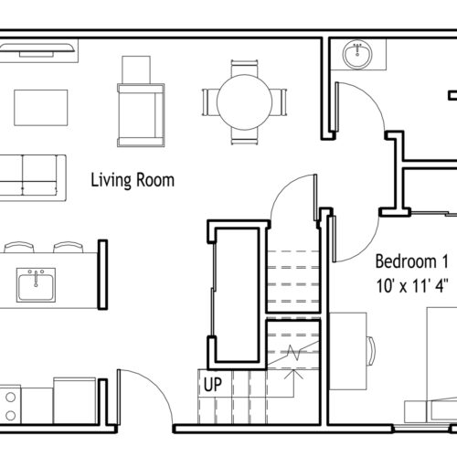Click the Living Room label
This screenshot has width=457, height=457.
(x=133, y=180)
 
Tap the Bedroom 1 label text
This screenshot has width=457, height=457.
(x=412, y=261)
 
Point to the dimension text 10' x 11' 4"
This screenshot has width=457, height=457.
(x=412, y=286)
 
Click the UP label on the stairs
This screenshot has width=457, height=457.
(x=213, y=384)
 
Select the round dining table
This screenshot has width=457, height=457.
(x=244, y=102)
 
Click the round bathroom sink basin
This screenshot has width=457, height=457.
(x=357, y=54)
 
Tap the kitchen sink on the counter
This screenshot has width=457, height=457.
(x=36, y=285)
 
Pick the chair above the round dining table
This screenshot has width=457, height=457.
(x=244, y=68)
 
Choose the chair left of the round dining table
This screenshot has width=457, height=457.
(x=210, y=102)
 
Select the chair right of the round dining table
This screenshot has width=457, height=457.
(x=279, y=102)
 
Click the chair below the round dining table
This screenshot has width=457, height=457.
(x=244, y=136)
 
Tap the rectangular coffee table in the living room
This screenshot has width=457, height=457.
(x=41, y=108)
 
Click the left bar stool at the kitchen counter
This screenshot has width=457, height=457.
(x=19, y=247)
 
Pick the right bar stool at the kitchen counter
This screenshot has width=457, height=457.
(x=69, y=247)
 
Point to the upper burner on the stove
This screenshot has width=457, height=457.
(x=11, y=398)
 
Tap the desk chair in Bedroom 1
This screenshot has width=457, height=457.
(x=371, y=351)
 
